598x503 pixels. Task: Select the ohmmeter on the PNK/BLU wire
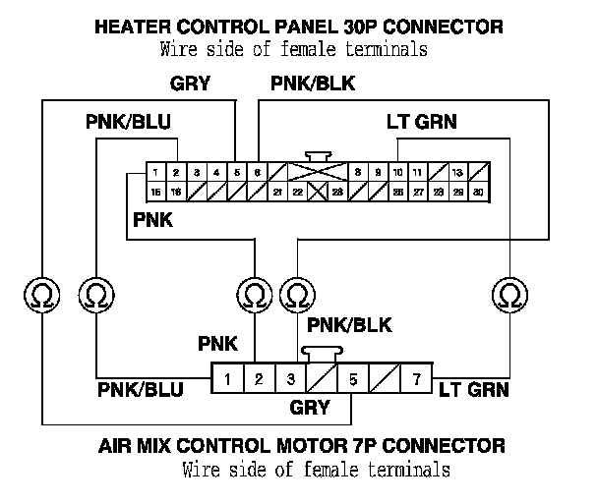pyautogui.click(x=96, y=294)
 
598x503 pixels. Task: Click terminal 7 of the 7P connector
pyautogui.click(x=416, y=378)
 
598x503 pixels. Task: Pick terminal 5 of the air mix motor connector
pyautogui.click(x=353, y=378)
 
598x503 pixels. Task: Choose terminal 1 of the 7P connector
pyautogui.click(x=227, y=378)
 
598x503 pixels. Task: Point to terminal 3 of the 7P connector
pyautogui.click(x=290, y=378)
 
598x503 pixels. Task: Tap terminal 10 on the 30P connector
pyautogui.click(x=398, y=172)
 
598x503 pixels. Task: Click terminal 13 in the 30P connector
pyautogui.click(x=457, y=172)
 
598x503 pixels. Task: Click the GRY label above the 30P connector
pyautogui.click(x=190, y=84)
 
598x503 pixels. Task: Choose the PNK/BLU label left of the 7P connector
pyautogui.click(x=141, y=390)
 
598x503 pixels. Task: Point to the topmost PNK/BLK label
pyautogui.click(x=313, y=84)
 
